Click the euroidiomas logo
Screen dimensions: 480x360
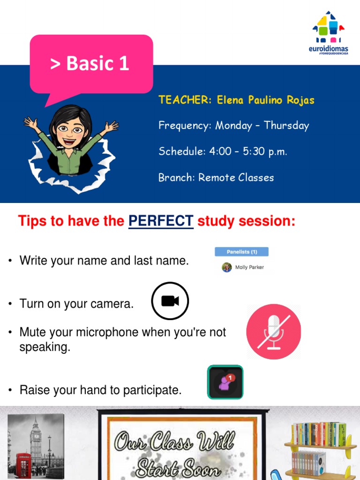[x=330, y=33]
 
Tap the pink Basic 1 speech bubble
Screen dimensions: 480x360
[x=91, y=63]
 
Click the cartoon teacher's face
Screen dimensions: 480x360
[x=70, y=129]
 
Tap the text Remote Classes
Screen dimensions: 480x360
[x=236, y=178]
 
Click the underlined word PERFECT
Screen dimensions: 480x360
[x=161, y=221]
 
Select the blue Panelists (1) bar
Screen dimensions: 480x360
[x=241, y=252]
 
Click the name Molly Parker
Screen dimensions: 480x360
[x=249, y=267]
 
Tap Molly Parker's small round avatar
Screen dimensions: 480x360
[x=227, y=267]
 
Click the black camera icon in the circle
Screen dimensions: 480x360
[x=170, y=301]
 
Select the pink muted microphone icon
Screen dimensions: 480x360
[x=273, y=332]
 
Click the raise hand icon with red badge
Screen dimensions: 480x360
[x=225, y=382]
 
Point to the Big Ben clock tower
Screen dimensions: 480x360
[x=36, y=438]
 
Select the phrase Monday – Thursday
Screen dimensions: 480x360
[x=262, y=126]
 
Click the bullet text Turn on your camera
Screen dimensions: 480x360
[x=76, y=304]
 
